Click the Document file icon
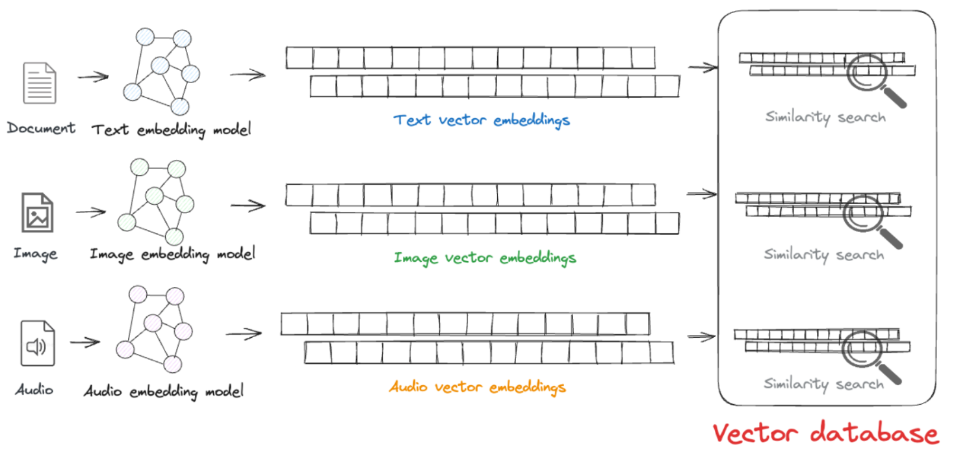[x=40, y=84]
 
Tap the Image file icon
[x=37, y=212]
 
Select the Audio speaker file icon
[x=37, y=343]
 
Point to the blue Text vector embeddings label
[x=482, y=120]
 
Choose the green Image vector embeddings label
[x=485, y=258]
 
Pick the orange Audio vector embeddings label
[x=478, y=388]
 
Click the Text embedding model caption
[x=171, y=129]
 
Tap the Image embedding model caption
[x=172, y=253]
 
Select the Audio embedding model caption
[x=163, y=392]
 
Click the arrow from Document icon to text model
[x=93, y=77]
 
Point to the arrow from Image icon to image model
[x=91, y=212]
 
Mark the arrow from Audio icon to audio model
[x=85, y=342]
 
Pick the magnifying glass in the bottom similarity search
[x=870, y=354]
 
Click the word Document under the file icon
[x=41, y=128]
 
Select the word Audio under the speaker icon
[x=34, y=390]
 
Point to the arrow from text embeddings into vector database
[x=703, y=67]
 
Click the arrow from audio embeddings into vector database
[x=702, y=336]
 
